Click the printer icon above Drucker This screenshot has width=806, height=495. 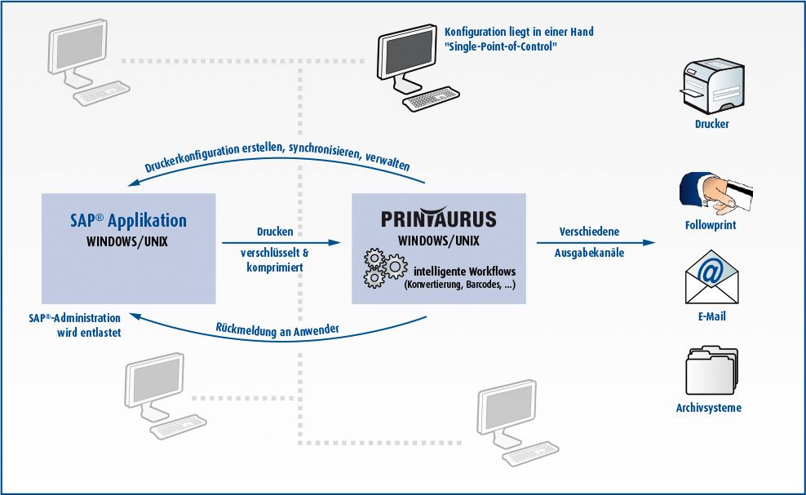point(712,86)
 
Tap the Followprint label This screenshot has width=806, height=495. point(711,225)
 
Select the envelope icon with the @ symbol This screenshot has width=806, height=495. point(711,276)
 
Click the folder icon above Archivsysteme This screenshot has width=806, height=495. point(712,370)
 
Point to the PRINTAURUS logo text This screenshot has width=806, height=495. point(438,218)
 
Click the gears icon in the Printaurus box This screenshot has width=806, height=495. point(385,267)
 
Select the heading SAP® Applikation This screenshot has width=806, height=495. point(129,220)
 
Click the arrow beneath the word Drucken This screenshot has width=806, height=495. point(281,243)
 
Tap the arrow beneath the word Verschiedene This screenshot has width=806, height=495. point(596,243)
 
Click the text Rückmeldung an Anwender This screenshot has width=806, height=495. point(277,330)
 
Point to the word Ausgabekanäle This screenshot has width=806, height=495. point(589,253)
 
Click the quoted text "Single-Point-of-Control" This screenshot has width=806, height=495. point(501,46)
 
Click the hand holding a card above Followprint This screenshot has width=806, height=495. point(716,193)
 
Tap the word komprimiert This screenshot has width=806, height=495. point(275,267)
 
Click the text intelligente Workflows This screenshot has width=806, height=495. point(465,272)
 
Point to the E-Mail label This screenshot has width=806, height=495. point(712,316)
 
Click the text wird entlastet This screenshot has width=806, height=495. point(89,333)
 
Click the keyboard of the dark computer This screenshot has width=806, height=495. point(431,98)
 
